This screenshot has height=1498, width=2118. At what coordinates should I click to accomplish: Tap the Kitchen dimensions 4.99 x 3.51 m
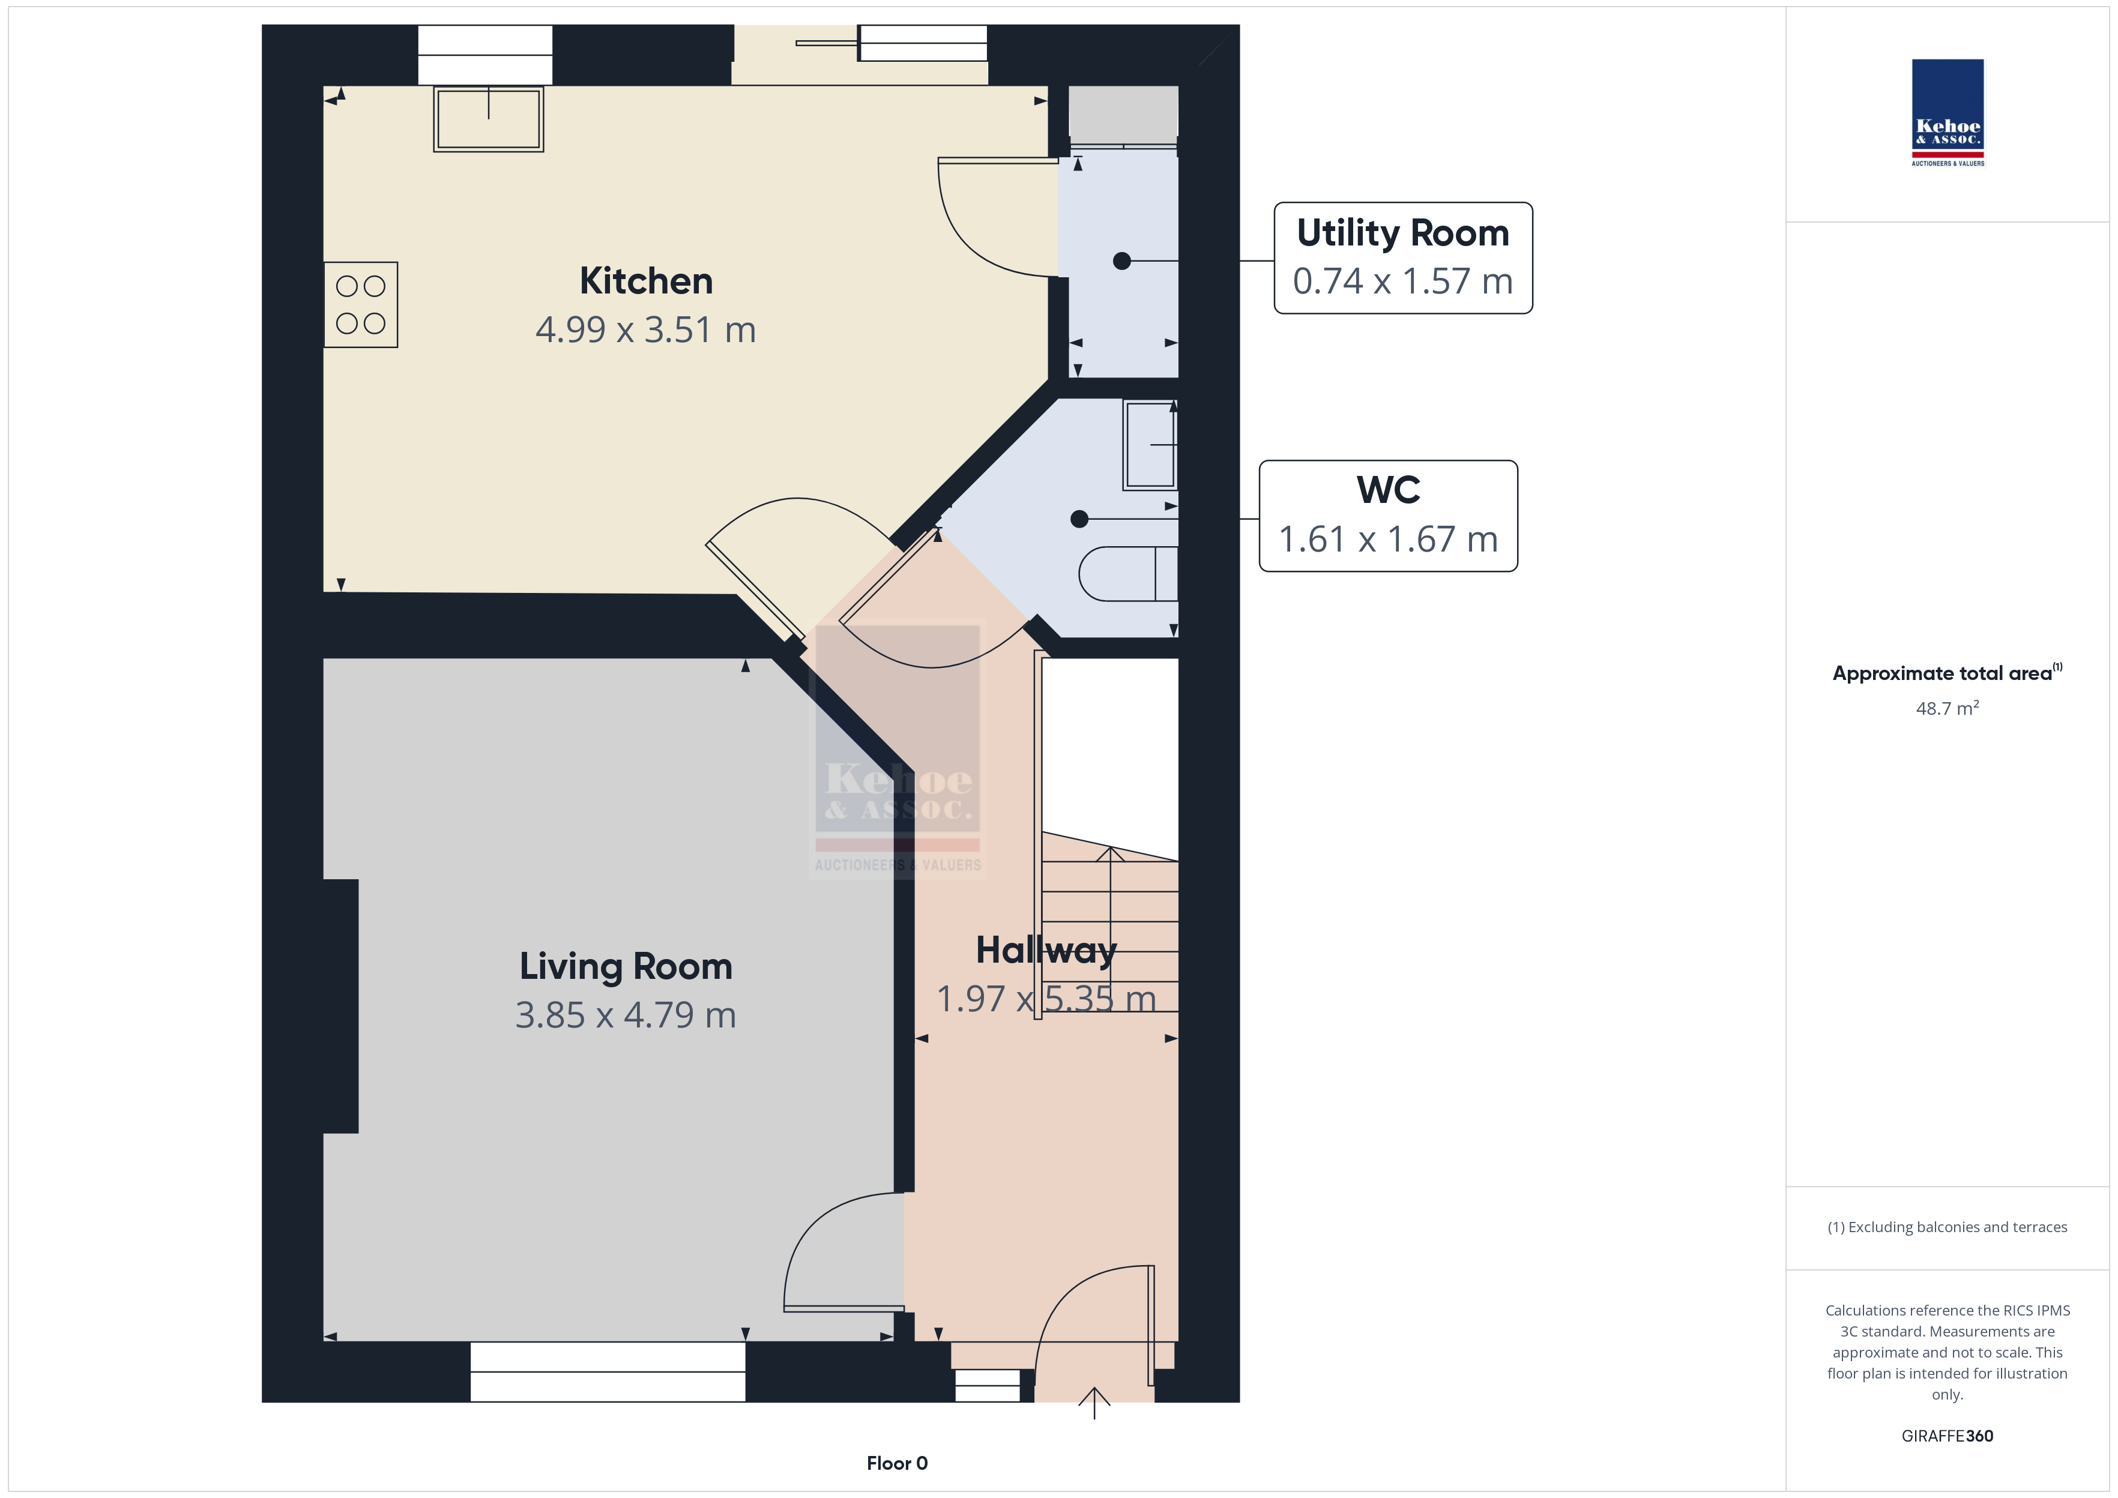pos(646,329)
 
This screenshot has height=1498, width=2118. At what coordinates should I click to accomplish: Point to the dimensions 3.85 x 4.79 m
pos(626,1015)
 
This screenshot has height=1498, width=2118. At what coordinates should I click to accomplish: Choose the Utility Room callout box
pos(1402,258)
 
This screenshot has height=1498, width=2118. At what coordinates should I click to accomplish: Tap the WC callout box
pos(1389,516)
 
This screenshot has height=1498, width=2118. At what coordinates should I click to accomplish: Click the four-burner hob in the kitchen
pos(361,304)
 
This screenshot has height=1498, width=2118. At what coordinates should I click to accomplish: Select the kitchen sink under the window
pos(489,119)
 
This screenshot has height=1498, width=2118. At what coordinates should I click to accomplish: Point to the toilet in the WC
pos(1128,574)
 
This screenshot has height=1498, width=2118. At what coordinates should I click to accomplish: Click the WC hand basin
pos(1150,445)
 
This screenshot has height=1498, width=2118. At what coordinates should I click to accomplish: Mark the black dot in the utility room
pos(1121,261)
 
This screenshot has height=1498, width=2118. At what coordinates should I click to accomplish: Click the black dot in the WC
pos(1079,519)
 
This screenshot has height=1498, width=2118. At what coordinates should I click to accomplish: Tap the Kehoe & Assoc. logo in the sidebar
pos(1948,113)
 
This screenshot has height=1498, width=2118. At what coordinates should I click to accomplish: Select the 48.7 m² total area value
pos(1948,708)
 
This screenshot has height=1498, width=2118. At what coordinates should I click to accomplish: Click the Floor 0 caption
pos(897,1463)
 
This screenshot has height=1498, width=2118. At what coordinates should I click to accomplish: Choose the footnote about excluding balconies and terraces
pos(1948,1227)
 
